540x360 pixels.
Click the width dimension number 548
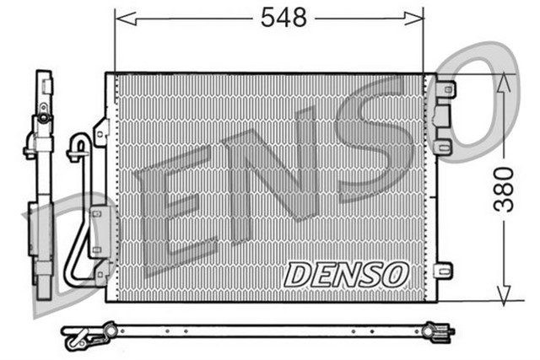(x=283, y=17)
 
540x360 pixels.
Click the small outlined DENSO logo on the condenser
(x=347, y=273)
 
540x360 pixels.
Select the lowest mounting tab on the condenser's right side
(x=442, y=270)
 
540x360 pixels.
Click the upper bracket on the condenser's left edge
(x=102, y=132)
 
